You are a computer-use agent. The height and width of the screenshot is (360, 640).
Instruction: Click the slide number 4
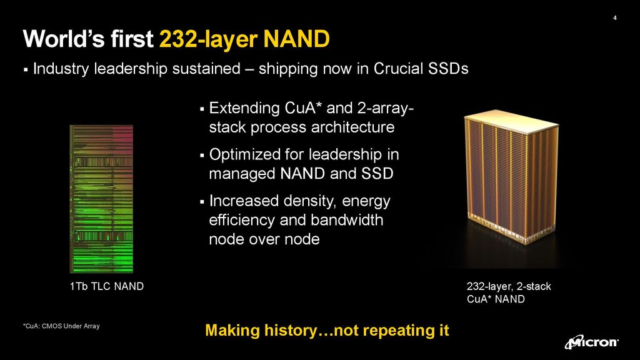pyautogui.click(x=615, y=17)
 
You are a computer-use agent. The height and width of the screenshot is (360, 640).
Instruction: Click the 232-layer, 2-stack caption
pyautogui.click(x=509, y=287)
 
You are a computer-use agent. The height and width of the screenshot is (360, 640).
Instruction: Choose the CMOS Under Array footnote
pyautogui.click(x=61, y=326)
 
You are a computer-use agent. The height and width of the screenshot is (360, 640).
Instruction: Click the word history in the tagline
pyautogui.click(x=289, y=331)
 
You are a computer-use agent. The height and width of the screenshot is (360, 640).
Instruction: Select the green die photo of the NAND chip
pyautogui.click(x=101, y=198)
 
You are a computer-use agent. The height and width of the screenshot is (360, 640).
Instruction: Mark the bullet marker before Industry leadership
pyautogui.click(x=26, y=70)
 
